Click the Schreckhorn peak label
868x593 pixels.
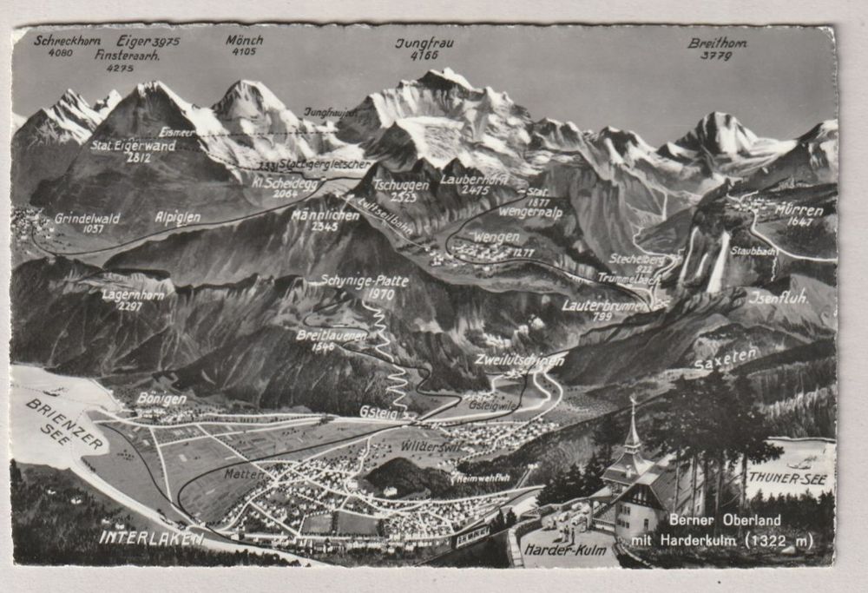[x=68, y=40]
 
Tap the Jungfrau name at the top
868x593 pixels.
[x=425, y=43]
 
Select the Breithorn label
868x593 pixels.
[x=717, y=43]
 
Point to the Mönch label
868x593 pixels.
[x=244, y=40]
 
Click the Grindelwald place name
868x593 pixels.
[x=87, y=219]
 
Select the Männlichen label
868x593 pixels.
[x=325, y=214]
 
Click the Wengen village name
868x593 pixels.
[x=496, y=236]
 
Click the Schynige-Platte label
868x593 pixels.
[x=352, y=281]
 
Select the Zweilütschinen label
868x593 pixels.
[x=519, y=359]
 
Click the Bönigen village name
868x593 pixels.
[x=161, y=399]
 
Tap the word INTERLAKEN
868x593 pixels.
[x=151, y=537]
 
